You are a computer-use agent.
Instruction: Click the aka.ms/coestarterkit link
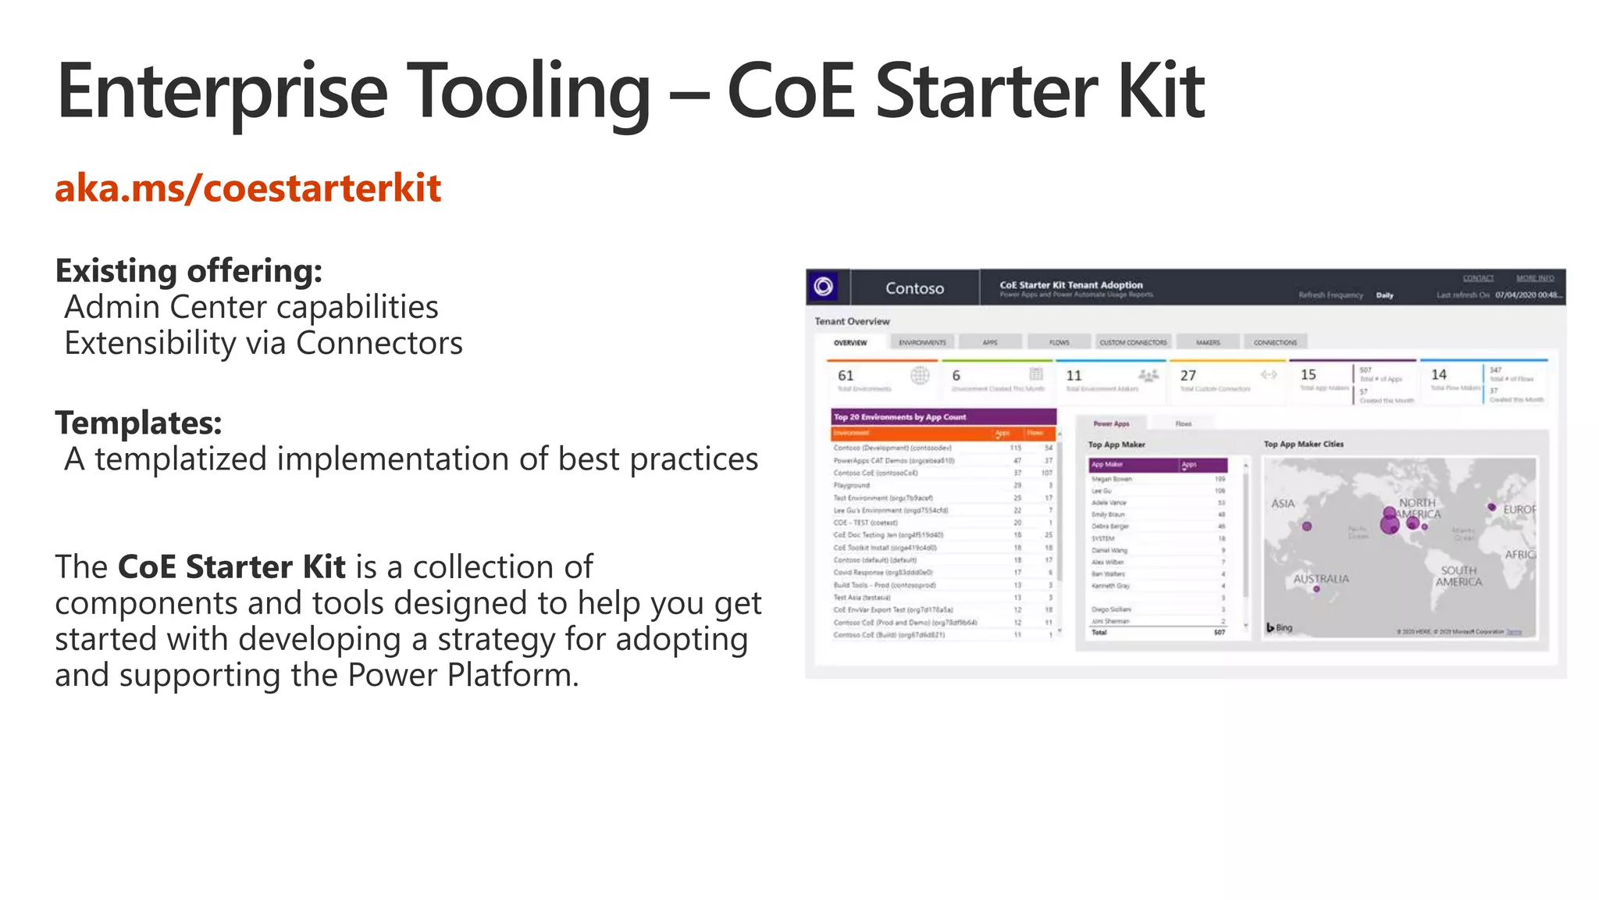[x=248, y=188]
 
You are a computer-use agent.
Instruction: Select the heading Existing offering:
[x=188, y=271]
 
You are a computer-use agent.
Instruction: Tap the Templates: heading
[x=138, y=423]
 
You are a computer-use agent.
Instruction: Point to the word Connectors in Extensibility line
[x=379, y=343]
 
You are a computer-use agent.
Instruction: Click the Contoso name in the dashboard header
[x=914, y=288]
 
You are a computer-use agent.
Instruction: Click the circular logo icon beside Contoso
[x=823, y=287]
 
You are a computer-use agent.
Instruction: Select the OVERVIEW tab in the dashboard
[x=849, y=342]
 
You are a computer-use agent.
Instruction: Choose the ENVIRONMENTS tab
[x=922, y=342]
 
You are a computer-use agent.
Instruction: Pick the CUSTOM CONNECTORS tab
[x=1133, y=342]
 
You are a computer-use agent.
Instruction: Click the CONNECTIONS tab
[x=1275, y=342]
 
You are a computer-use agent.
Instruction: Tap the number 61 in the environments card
[x=846, y=376]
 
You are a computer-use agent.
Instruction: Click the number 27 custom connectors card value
[x=1188, y=376]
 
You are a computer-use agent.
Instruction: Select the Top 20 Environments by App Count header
[x=899, y=417]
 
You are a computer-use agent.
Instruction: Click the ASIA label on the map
[x=1283, y=504]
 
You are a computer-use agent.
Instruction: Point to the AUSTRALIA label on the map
[x=1321, y=579]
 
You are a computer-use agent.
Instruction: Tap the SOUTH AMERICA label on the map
[x=1458, y=577]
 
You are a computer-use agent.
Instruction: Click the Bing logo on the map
[x=1280, y=627]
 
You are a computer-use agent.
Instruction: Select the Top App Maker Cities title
[x=1303, y=444]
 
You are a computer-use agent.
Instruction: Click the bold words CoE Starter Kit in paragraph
[x=231, y=567]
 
